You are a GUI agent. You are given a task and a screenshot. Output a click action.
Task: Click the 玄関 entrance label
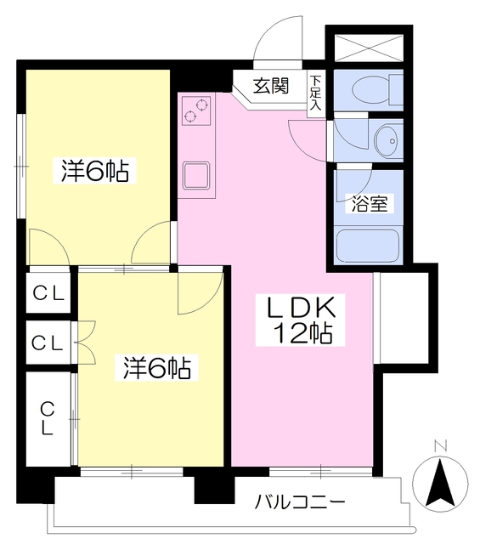click(x=271, y=87)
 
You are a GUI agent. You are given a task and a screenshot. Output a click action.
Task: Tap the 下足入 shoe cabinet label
click(x=315, y=93)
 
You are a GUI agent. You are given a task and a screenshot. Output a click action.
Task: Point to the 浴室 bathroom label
click(x=370, y=204)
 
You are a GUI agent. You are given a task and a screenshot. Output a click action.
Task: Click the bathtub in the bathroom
click(x=369, y=246)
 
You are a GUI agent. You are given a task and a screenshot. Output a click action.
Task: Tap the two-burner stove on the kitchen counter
click(x=196, y=110)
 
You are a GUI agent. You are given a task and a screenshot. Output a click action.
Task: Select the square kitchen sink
click(x=196, y=176)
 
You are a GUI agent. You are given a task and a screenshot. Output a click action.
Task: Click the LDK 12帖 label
click(x=301, y=320)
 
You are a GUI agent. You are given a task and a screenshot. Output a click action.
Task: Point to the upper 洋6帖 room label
click(x=94, y=171)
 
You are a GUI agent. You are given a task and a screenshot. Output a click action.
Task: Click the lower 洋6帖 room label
click(x=157, y=367)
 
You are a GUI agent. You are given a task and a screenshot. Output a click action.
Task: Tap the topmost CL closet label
click(x=48, y=294)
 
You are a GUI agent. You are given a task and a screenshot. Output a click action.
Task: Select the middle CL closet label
click(x=48, y=343)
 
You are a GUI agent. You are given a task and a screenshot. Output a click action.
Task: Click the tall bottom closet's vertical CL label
click(x=48, y=418)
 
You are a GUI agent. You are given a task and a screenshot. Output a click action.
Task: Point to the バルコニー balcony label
click(x=300, y=501)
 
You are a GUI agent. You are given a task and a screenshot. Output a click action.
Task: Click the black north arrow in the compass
click(x=441, y=483)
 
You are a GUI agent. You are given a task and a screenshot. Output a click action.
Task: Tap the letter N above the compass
click(x=441, y=445)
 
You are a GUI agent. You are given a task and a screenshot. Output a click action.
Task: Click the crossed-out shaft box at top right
click(x=369, y=48)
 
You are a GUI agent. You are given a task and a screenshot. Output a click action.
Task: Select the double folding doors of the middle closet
click(x=83, y=343)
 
